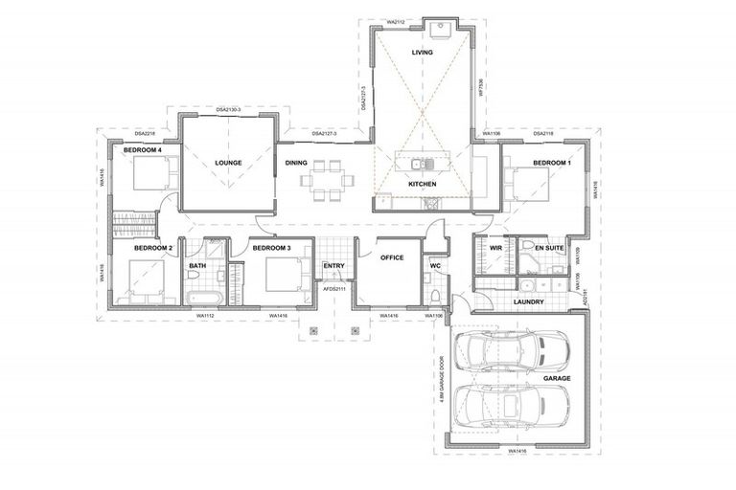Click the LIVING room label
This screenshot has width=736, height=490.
422,53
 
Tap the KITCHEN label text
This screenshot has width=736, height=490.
422,184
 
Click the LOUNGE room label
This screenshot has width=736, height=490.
228,163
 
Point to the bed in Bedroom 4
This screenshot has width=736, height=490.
153,175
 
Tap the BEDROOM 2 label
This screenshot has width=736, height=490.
153,249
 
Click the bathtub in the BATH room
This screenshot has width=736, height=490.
201,298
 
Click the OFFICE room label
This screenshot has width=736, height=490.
392,257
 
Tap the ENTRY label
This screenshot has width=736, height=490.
333,266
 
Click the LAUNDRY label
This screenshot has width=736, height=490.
528,302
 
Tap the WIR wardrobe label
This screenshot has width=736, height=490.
495,248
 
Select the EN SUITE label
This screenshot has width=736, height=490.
549,248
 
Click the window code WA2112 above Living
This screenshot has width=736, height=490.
396,19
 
